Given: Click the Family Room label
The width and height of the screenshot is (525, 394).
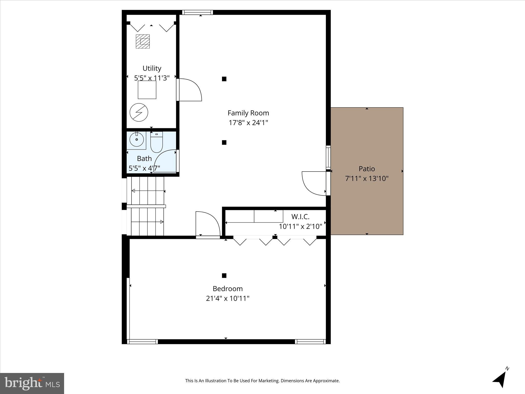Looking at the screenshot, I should coord(248,113).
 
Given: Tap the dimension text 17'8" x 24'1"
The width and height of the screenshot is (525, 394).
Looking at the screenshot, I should coord(248,123).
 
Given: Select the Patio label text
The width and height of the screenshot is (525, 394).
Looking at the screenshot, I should coord(367,169).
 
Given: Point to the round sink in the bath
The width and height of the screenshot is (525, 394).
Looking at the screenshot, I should coord(136,140).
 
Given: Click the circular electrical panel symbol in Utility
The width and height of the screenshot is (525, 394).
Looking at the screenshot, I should coord(139,112).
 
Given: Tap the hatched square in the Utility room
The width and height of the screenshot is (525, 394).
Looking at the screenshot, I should coord(143,41).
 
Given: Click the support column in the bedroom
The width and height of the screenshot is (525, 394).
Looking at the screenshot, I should coord(224,275).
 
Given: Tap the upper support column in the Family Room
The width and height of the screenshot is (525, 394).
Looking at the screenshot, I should coord(224,79).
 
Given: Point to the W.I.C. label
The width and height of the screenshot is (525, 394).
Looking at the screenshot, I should coord(300,217).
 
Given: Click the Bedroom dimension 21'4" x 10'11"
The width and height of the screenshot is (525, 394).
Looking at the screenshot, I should coord(228,299).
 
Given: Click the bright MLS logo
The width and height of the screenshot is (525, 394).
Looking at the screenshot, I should coord(32,383).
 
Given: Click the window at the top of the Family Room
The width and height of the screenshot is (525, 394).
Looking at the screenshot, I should coord(198,12).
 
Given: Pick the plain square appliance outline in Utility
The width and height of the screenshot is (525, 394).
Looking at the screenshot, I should coord(147,90).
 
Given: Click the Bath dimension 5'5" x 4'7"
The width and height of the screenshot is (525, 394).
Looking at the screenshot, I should coord(144,169).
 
